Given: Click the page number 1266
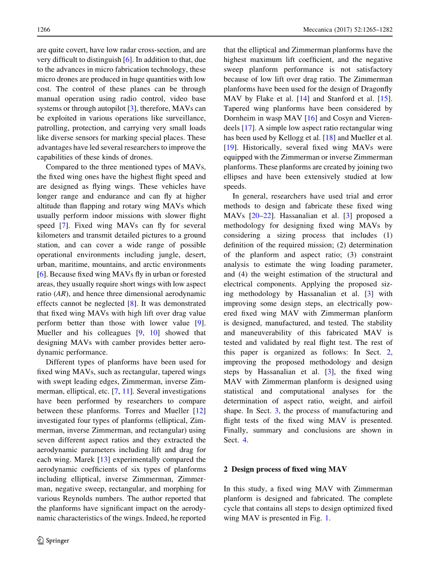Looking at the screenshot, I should [44, 30].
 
